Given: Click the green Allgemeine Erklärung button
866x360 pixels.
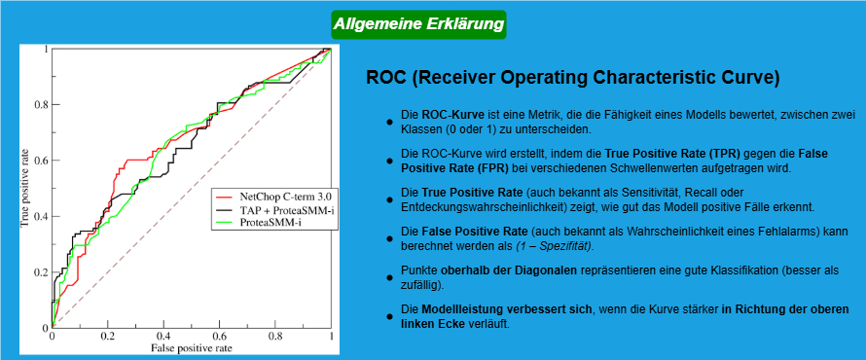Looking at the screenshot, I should (418, 22).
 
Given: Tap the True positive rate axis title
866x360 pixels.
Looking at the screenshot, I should (24, 186).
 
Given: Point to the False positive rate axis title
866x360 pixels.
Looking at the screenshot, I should (192, 347).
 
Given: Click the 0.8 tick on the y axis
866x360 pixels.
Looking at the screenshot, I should (41, 104).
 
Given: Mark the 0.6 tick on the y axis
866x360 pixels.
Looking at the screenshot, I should (41, 161).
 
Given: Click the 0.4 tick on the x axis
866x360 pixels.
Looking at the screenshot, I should (163, 336).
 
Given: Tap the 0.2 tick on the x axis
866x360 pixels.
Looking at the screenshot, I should (107, 336).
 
